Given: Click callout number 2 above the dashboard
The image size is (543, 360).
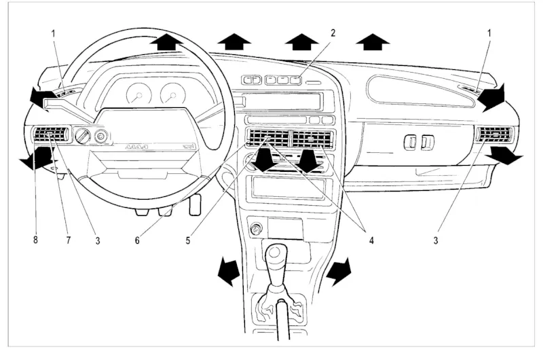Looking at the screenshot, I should point(333,32).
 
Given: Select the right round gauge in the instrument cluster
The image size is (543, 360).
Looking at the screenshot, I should point(172,94).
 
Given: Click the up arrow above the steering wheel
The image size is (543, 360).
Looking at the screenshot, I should point(167,41).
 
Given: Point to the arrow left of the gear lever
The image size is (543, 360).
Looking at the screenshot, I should point(229,271).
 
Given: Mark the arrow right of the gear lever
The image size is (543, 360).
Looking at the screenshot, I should point(339,271).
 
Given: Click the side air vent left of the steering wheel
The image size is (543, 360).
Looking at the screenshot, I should point(50,134).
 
